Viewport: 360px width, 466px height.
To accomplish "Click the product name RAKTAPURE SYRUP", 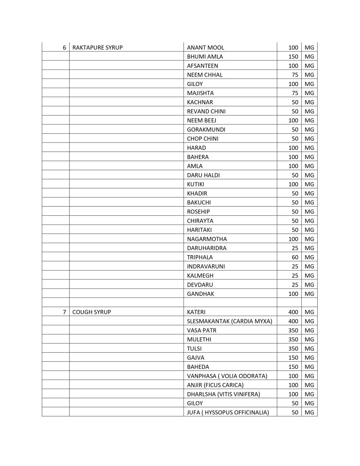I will coord(97,48).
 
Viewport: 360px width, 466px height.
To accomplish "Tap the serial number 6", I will coord(65,48).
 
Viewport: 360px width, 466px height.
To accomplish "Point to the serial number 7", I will coord(65,312).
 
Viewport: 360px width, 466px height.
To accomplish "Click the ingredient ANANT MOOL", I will coord(205,48).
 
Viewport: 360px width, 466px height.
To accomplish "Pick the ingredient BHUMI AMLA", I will coord(205,57).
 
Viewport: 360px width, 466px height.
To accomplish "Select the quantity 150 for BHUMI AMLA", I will coord(293,57).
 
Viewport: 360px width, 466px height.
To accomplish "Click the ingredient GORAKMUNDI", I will coord(206,130).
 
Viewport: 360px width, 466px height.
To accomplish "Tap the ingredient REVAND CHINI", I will coord(206,111).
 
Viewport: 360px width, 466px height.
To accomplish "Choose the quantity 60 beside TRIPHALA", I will coord(294,257).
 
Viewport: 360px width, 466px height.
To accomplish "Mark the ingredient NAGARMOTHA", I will coord(207,239).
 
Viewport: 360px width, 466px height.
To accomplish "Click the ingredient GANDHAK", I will coord(200,294).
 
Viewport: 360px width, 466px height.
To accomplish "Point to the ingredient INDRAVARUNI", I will coord(206,266).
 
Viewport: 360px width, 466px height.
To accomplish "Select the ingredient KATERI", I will coord(197,312).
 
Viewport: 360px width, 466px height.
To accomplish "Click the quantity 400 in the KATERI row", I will coord(293,312).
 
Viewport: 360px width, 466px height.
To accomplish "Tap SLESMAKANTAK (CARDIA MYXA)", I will coord(229,321).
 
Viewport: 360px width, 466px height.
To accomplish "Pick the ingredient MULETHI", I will coord(199,339).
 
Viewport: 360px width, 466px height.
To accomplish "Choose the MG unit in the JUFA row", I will coord(309,412).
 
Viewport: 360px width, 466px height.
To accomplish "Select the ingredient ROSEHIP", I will coord(198,212).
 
